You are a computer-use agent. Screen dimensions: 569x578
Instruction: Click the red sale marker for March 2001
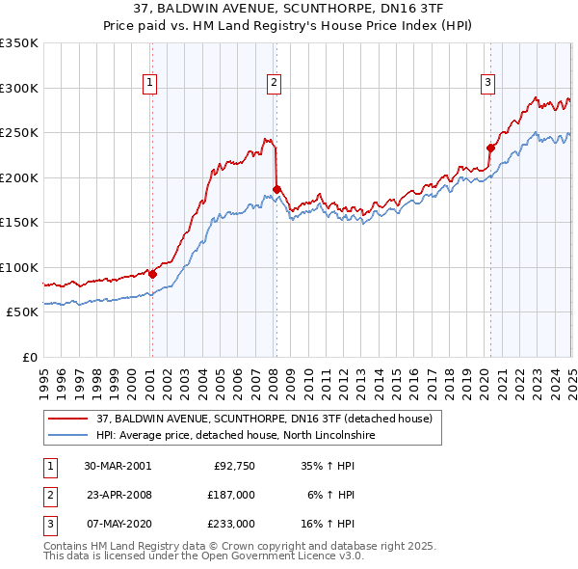[x=152, y=274]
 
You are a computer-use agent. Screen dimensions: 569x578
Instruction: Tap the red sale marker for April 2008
[x=276, y=189]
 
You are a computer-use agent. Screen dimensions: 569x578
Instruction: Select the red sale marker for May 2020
[x=490, y=148]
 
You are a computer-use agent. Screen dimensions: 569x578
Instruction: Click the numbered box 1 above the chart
[x=151, y=84]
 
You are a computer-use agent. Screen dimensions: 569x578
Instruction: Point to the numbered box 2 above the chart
[x=275, y=84]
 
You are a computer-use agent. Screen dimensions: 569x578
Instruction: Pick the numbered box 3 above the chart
[x=488, y=84]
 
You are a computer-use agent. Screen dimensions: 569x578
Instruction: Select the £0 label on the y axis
[x=29, y=357]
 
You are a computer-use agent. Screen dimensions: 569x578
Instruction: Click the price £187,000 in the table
[x=232, y=495]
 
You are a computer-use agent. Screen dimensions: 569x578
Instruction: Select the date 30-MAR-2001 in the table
[x=118, y=466]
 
